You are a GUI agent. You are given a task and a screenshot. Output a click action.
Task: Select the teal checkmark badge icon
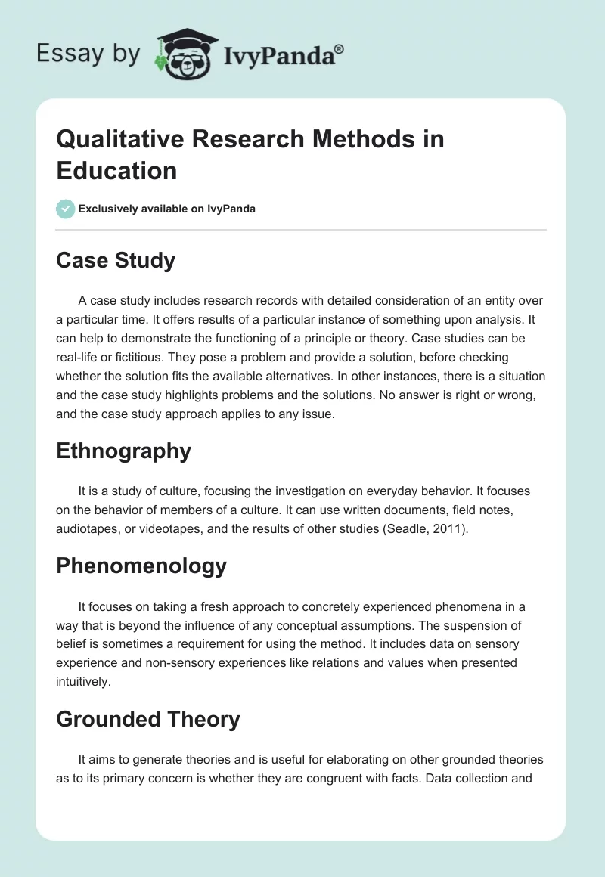click(66, 209)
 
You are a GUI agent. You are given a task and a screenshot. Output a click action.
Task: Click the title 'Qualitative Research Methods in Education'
click(250, 154)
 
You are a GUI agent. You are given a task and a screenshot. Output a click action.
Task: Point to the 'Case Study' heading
click(116, 261)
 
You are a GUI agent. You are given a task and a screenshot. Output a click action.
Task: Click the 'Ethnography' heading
click(123, 451)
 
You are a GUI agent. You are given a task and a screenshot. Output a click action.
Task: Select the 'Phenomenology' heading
click(141, 566)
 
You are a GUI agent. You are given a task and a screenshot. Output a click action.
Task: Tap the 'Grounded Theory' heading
click(148, 719)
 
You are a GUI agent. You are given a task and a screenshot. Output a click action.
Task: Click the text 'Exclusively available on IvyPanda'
click(167, 209)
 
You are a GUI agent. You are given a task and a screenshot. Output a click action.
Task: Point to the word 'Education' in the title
click(116, 170)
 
